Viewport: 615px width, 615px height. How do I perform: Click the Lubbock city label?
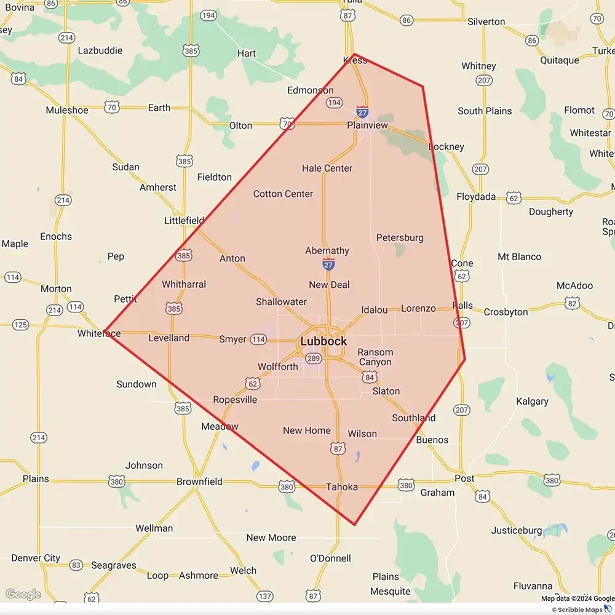click(x=323, y=341)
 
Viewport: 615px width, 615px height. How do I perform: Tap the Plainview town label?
click(x=368, y=125)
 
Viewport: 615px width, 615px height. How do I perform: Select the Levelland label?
click(x=169, y=338)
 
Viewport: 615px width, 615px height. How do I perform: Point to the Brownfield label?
click(x=199, y=482)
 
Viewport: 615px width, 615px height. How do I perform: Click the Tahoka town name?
click(x=342, y=487)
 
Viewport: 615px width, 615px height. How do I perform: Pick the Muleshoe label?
click(x=67, y=111)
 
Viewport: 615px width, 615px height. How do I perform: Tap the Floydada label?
click(x=476, y=197)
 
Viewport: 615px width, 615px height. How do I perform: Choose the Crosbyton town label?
click(x=506, y=312)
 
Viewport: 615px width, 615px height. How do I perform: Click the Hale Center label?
click(x=327, y=168)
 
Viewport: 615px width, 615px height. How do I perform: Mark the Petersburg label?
click(x=400, y=237)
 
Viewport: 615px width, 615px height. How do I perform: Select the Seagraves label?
click(x=114, y=565)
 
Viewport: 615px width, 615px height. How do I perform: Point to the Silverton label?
click(x=486, y=22)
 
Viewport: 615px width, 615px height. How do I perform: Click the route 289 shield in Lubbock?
click(x=314, y=359)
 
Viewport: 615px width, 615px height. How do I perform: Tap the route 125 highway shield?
click(x=20, y=325)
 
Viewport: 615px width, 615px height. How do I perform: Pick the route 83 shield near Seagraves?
click(x=76, y=565)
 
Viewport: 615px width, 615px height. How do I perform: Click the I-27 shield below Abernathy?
click(x=329, y=264)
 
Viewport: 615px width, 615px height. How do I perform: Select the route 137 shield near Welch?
click(x=264, y=596)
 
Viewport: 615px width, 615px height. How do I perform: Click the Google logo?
click(x=23, y=594)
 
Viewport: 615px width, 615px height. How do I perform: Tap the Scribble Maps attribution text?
click(x=581, y=609)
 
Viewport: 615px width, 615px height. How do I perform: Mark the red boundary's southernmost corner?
click(x=355, y=525)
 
